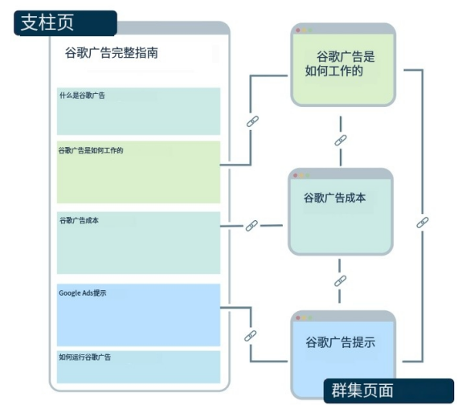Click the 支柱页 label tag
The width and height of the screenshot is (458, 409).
click(x=65, y=23)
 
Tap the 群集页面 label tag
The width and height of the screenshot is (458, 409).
click(x=389, y=391)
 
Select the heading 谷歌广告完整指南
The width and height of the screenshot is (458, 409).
click(x=112, y=53)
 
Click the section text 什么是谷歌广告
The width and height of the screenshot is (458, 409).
click(x=82, y=96)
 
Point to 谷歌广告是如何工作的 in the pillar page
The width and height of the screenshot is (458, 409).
click(x=91, y=150)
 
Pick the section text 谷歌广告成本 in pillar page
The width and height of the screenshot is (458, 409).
click(x=80, y=220)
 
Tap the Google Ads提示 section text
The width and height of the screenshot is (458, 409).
click(x=83, y=293)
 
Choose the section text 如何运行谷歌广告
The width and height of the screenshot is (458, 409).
click(x=84, y=357)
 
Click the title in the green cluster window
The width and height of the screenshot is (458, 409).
click(x=340, y=63)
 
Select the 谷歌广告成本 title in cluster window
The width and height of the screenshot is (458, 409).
click(x=335, y=198)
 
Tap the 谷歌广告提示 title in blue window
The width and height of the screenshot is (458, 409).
click(x=341, y=342)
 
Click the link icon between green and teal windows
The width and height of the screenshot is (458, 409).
click(x=341, y=141)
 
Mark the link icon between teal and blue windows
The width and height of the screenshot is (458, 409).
click(x=341, y=281)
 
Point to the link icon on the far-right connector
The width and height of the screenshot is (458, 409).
click(x=423, y=223)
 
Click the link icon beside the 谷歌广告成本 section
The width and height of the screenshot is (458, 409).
click(x=251, y=226)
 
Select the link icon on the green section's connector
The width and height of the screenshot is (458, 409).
click(x=252, y=121)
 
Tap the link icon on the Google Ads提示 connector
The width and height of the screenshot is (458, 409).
click(x=251, y=336)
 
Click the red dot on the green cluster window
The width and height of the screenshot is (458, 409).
click(x=298, y=31)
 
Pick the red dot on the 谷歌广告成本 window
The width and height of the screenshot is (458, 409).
click(x=296, y=175)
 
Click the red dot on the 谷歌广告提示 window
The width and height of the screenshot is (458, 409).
click(x=298, y=318)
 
